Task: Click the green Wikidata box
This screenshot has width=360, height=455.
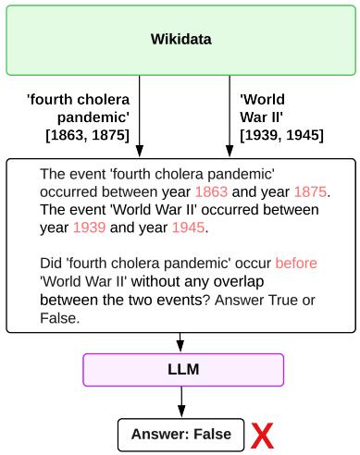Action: click(x=180, y=39)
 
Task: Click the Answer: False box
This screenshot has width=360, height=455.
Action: click(x=180, y=434)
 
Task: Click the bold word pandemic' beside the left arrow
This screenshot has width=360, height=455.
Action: click(x=96, y=117)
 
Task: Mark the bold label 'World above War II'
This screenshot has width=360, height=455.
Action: click(x=262, y=100)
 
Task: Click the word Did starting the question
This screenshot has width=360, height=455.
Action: click(x=51, y=263)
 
